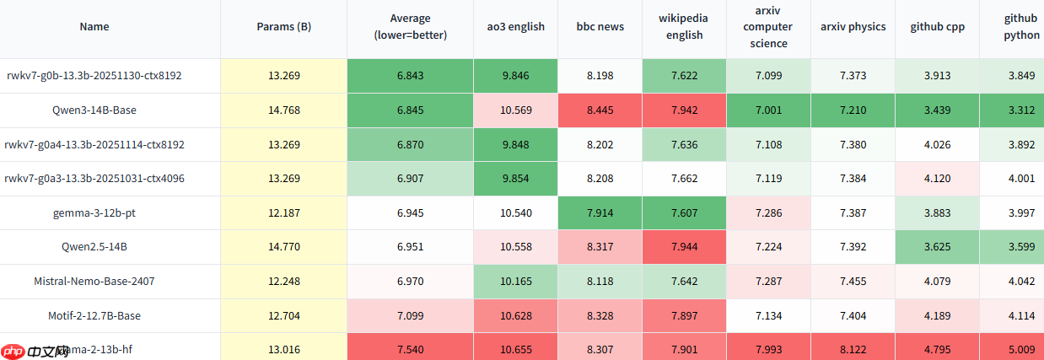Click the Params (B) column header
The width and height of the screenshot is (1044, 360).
click(x=283, y=26)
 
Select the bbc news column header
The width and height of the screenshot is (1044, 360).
click(x=600, y=26)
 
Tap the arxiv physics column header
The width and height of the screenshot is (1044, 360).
click(x=853, y=26)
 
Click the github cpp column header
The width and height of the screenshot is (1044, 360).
click(x=937, y=26)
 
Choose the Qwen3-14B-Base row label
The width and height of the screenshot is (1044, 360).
click(x=94, y=110)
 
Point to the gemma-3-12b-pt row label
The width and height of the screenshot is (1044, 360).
click(x=94, y=212)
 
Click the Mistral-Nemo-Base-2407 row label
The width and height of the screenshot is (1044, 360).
click(x=94, y=281)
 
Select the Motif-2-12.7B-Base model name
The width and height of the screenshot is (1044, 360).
click(x=94, y=315)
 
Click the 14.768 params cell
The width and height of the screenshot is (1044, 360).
click(x=283, y=110)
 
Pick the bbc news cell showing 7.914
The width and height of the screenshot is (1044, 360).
click(x=600, y=212)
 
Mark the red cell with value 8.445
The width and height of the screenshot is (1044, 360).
click(x=600, y=110)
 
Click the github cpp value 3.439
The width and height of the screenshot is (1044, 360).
click(x=937, y=110)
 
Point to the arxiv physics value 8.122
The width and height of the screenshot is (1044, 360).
click(x=853, y=348)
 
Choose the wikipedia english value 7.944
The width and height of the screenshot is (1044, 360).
click(x=684, y=247)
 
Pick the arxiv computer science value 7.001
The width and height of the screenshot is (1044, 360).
click(x=768, y=110)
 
